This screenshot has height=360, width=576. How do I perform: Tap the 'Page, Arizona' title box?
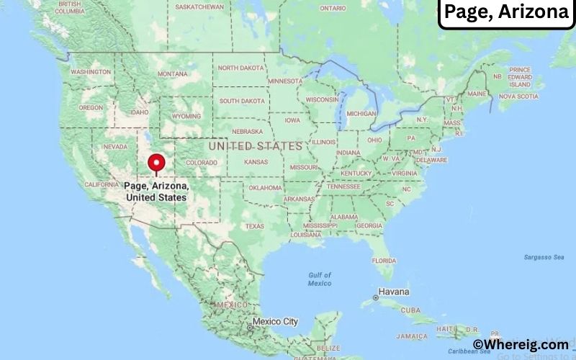click(x=505, y=12)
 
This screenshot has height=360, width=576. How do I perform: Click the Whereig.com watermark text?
click(x=521, y=345)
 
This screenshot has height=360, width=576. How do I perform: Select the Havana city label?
click(x=395, y=292)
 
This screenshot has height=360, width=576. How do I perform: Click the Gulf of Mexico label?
click(x=319, y=279)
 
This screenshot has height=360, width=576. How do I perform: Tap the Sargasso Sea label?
click(x=544, y=257)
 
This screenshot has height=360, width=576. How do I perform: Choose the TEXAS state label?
click(x=254, y=226)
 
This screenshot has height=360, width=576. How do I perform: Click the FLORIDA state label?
click(x=384, y=260)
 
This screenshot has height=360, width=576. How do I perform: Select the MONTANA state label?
click(x=172, y=73)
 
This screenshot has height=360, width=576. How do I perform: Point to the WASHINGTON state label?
click(x=91, y=72)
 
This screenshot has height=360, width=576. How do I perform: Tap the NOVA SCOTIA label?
click(x=518, y=96)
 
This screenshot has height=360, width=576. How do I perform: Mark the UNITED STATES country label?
click(x=255, y=146)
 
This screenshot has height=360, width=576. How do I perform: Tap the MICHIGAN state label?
click(x=361, y=114)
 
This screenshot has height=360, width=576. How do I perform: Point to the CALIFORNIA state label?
click(x=102, y=184)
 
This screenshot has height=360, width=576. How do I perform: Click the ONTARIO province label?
click(x=333, y=8)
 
